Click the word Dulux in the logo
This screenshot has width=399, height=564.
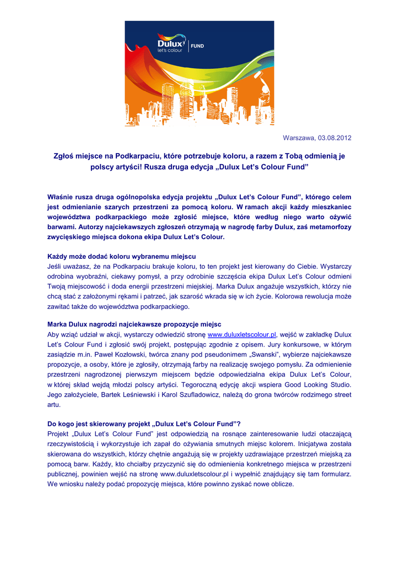171,41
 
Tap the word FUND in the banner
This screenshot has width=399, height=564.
197,46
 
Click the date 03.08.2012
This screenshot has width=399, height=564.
333,138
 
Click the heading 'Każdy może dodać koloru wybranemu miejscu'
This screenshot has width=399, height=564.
121,256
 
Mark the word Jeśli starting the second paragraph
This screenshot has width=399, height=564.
55,266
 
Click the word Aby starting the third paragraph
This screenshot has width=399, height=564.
54,334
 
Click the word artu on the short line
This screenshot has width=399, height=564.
54,404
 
